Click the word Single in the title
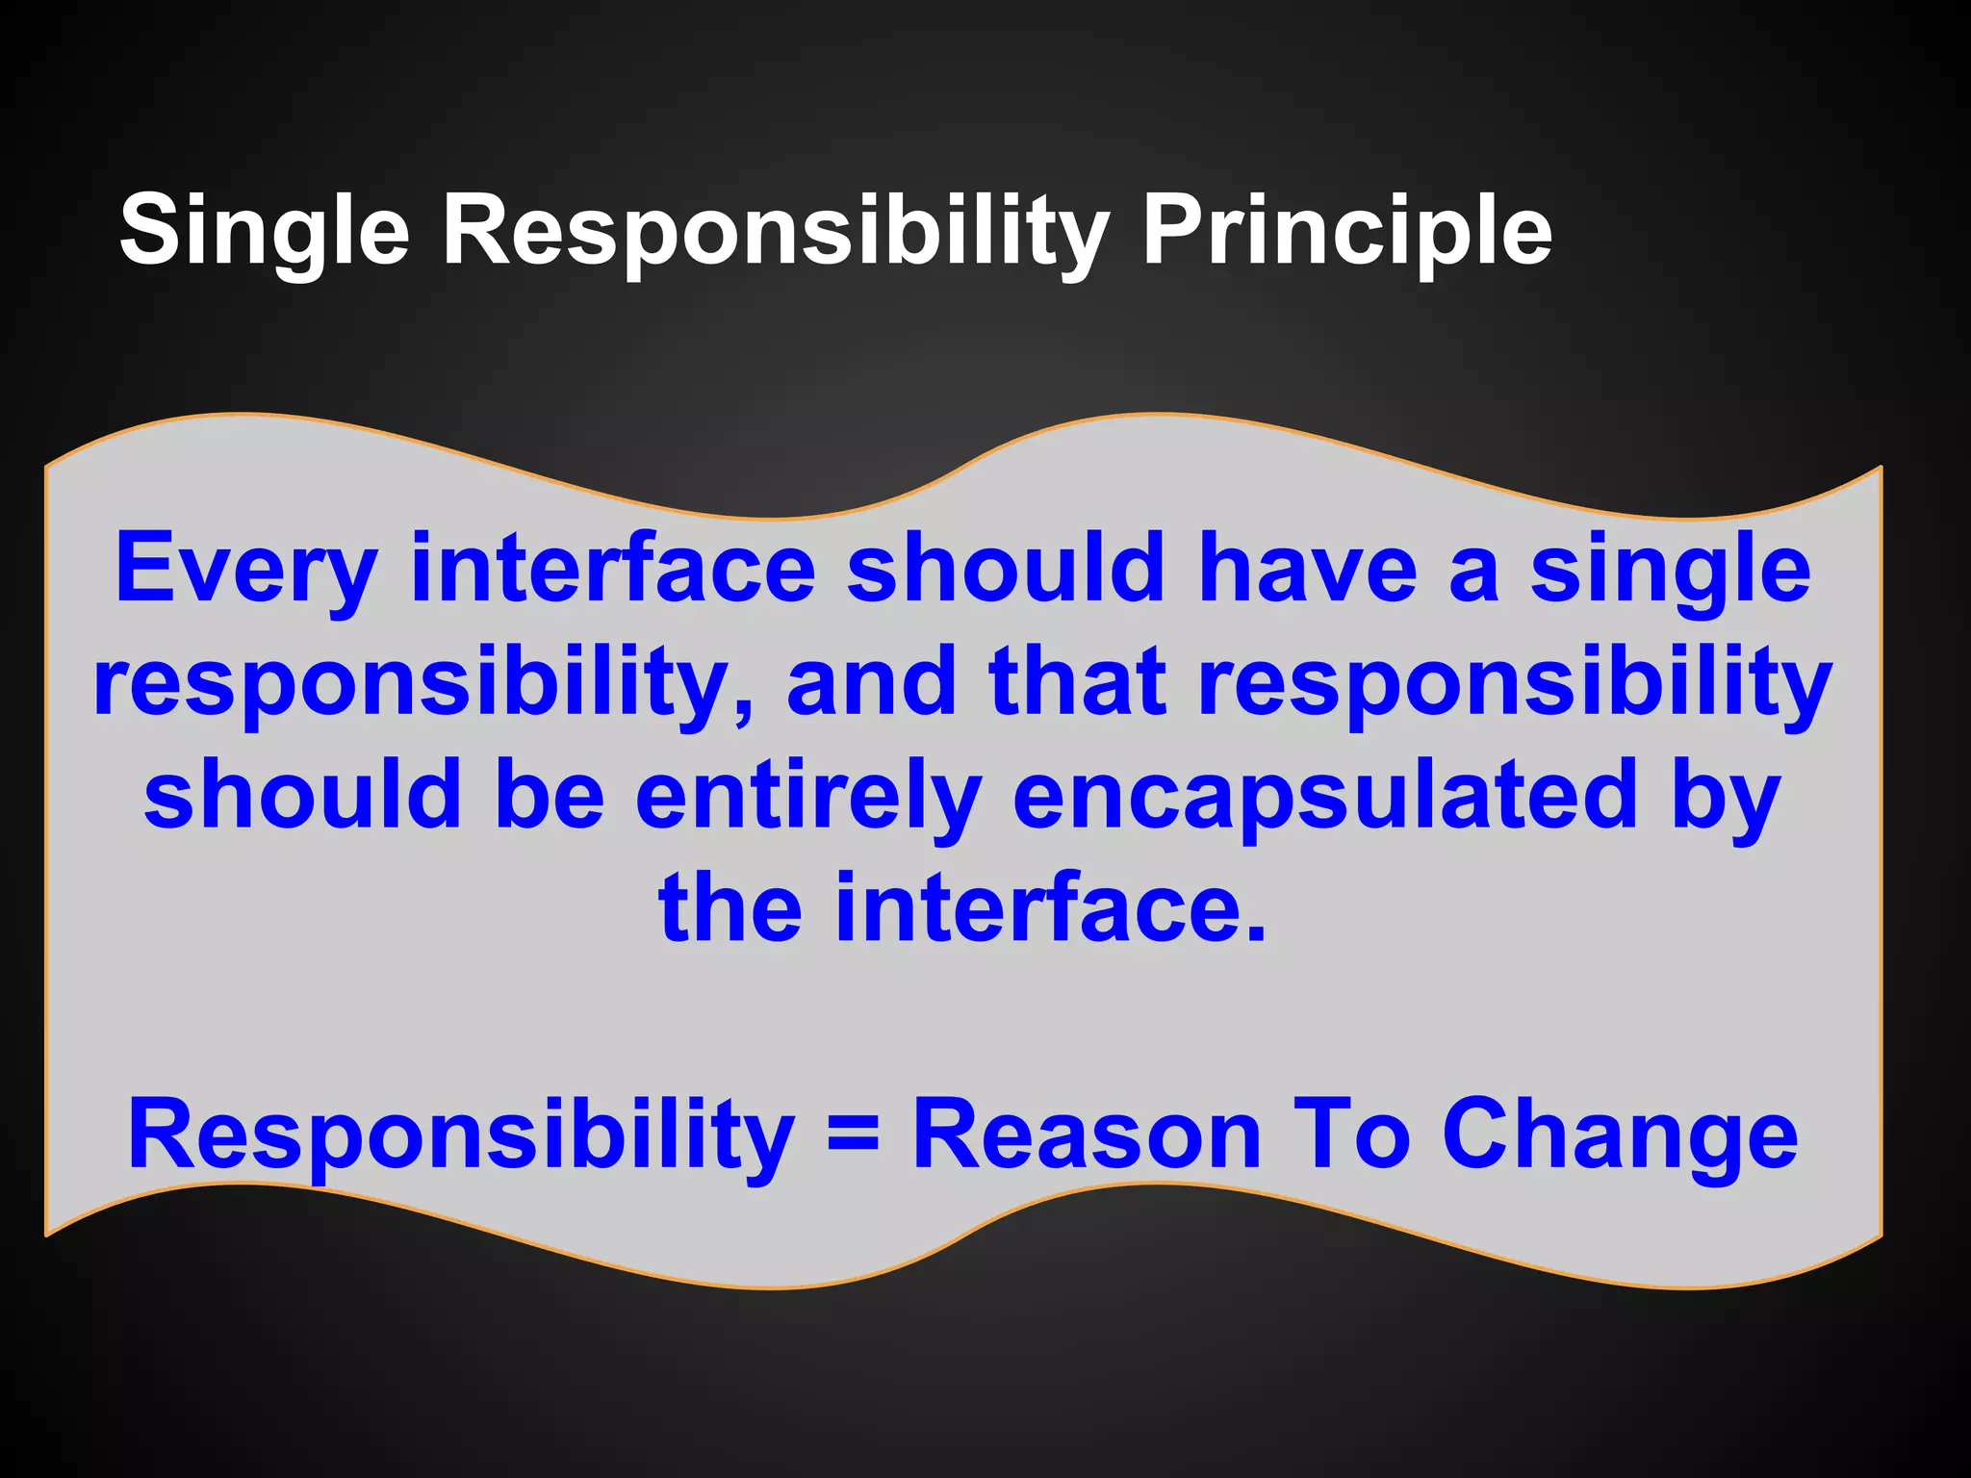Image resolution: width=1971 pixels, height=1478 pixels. [x=264, y=231]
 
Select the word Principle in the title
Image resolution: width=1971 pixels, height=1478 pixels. [x=1346, y=231]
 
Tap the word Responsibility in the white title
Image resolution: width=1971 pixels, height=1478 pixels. [x=775, y=231]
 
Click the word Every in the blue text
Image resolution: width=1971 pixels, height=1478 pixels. [x=245, y=570]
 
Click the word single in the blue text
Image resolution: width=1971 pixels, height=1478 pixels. [x=1671, y=570]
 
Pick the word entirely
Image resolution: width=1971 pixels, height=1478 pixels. [x=808, y=795]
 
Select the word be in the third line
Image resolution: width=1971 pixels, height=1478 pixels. [x=550, y=793]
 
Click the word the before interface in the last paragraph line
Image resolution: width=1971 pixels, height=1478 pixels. [x=730, y=906]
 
